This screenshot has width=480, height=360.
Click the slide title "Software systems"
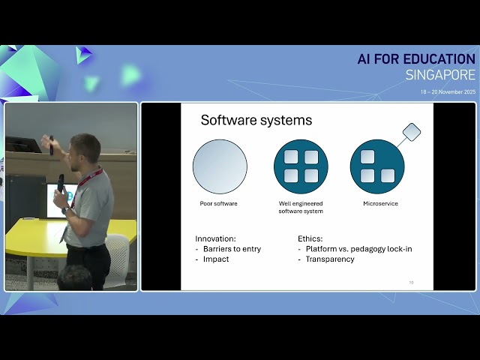click(256, 120)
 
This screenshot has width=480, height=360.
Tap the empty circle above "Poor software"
click(220, 166)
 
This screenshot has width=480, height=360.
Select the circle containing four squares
click(301, 166)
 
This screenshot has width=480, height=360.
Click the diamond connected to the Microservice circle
click(411, 133)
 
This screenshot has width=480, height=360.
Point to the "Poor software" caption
click(220, 203)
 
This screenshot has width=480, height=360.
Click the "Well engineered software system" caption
click(301, 207)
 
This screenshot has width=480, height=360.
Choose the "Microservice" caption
click(380, 203)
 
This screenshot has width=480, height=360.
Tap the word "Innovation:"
click(216, 238)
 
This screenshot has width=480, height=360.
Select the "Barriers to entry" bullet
click(232, 249)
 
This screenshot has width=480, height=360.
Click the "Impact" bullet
click(216, 259)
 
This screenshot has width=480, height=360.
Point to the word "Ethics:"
click(310, 238)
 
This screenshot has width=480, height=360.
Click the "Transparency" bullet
click(329, 259)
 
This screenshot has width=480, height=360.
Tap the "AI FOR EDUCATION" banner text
click(416, 59)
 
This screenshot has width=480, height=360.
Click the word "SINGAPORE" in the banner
click(440, 75)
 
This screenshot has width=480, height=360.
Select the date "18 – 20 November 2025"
click(448, 91)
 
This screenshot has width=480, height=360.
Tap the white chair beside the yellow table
click(118, 255)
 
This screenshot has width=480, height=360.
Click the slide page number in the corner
click(411, 283)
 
